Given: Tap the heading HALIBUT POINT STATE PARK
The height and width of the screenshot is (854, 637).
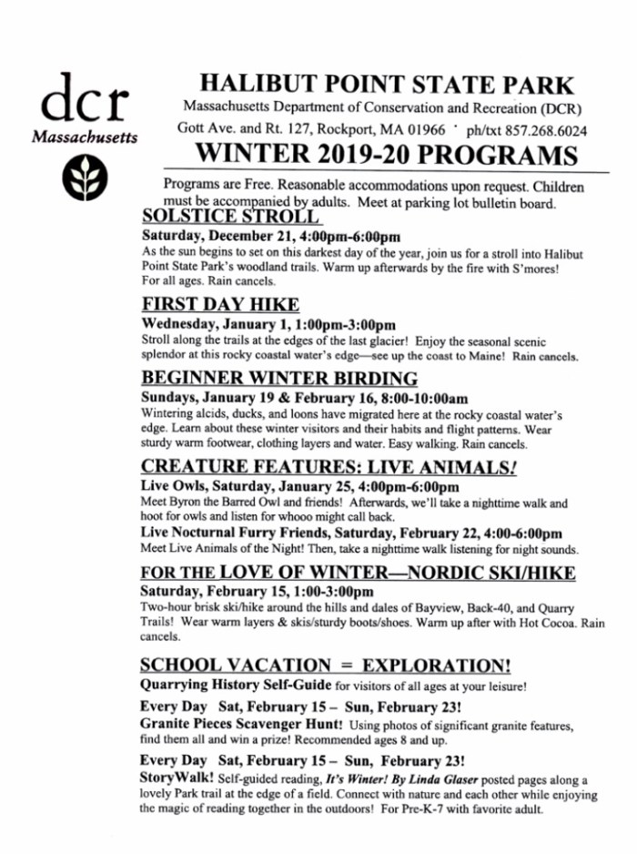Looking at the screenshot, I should click(x=387, y=86).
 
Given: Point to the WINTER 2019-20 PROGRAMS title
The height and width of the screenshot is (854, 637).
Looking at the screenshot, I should click(x=387, y=155).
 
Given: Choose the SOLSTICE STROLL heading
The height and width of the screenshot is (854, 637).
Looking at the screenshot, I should click(x=231, y=217).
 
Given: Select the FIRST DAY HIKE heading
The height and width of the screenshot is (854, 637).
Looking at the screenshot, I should click(x=221, y=304).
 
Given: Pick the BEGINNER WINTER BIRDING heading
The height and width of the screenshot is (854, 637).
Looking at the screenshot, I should click(x=280, y=378).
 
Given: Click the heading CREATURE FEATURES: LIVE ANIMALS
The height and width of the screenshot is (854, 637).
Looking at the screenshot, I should click(x=329, y=466).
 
